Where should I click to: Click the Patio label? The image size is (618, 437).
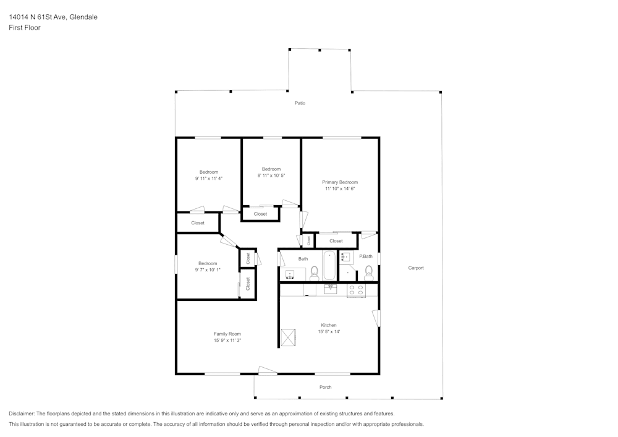300,103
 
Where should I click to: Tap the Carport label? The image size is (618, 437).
416,268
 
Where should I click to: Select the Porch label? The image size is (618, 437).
325,387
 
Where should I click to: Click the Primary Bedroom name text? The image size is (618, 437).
340,182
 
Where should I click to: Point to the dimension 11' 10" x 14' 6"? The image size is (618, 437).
340,189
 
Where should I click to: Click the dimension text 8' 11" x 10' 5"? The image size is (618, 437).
271,176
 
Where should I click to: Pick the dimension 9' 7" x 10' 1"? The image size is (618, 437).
208,269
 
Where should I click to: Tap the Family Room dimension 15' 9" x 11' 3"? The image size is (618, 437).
227,340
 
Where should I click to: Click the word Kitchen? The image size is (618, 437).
328,325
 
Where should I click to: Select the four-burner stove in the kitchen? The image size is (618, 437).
356,290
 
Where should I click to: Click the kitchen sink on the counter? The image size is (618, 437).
330,288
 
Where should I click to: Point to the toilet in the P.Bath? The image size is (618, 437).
369,271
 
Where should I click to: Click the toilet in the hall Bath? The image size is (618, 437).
314,272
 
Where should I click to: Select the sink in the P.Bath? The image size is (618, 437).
346,257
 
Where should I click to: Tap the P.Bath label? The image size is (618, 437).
366,257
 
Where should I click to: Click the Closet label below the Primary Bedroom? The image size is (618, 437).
336,241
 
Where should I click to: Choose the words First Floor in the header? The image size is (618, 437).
25,28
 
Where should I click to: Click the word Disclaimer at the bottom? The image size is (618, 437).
22,414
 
